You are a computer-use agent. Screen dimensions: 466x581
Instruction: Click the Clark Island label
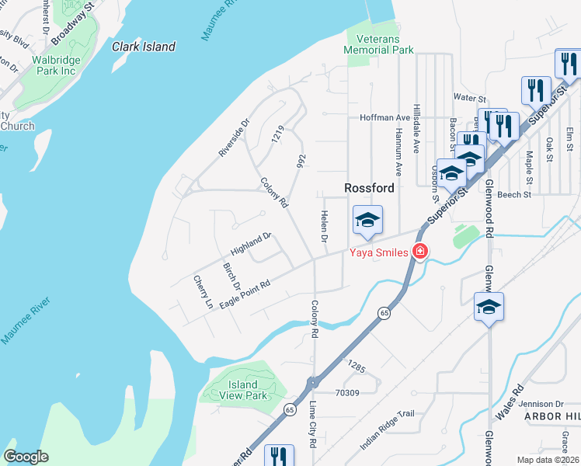144,47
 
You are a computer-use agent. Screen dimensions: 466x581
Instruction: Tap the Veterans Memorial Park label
379,44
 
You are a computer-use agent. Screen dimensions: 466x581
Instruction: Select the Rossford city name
370,188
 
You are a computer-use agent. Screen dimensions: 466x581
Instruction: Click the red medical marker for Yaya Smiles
420,252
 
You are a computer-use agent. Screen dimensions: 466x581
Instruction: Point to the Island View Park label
243,390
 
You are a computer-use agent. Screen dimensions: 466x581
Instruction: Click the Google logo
26,457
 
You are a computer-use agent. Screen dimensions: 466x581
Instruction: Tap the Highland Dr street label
250,245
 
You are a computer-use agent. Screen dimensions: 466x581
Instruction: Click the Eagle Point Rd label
245,294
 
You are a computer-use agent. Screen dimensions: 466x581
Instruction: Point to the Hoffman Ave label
384,118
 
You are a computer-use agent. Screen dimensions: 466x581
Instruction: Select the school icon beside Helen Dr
367,220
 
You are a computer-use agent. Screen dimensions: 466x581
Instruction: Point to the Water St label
469,99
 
